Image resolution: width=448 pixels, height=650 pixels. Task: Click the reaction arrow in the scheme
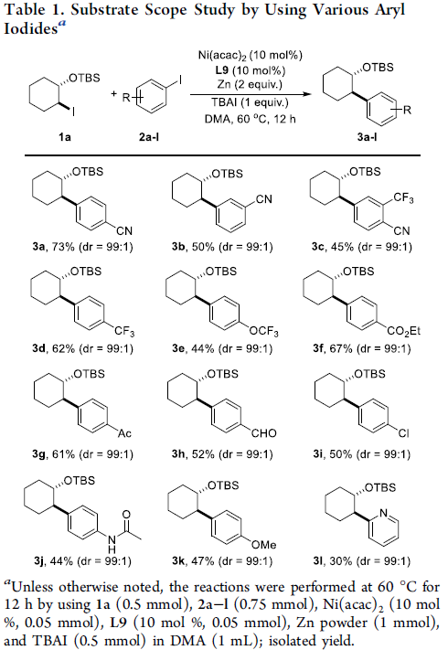click(251, 94)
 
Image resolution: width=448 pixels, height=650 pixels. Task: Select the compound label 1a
click(64, 137)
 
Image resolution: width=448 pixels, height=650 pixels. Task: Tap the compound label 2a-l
click(149, 137)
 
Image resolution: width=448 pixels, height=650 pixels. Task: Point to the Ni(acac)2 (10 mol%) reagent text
click(251, 55)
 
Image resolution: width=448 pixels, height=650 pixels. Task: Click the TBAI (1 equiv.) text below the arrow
click(250, 102)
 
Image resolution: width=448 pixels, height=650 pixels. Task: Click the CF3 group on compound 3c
click(403, 198)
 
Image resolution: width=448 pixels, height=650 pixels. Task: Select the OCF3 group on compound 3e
click(263, 332)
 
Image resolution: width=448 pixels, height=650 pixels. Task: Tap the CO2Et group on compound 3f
click(403, 331)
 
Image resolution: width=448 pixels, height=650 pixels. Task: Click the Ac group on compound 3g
click(124, 433)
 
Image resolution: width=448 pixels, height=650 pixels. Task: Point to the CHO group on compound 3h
click(264, 433)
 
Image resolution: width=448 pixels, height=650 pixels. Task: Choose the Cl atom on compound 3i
click(403, 433)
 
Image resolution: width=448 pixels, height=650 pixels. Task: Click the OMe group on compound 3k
click(264, 545)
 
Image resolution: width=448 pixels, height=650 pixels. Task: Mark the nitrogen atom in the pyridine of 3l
click(384, 513)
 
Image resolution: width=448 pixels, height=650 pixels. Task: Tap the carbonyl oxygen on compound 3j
click(126, 515)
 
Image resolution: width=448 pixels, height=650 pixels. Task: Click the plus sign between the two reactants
click(114, 93)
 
